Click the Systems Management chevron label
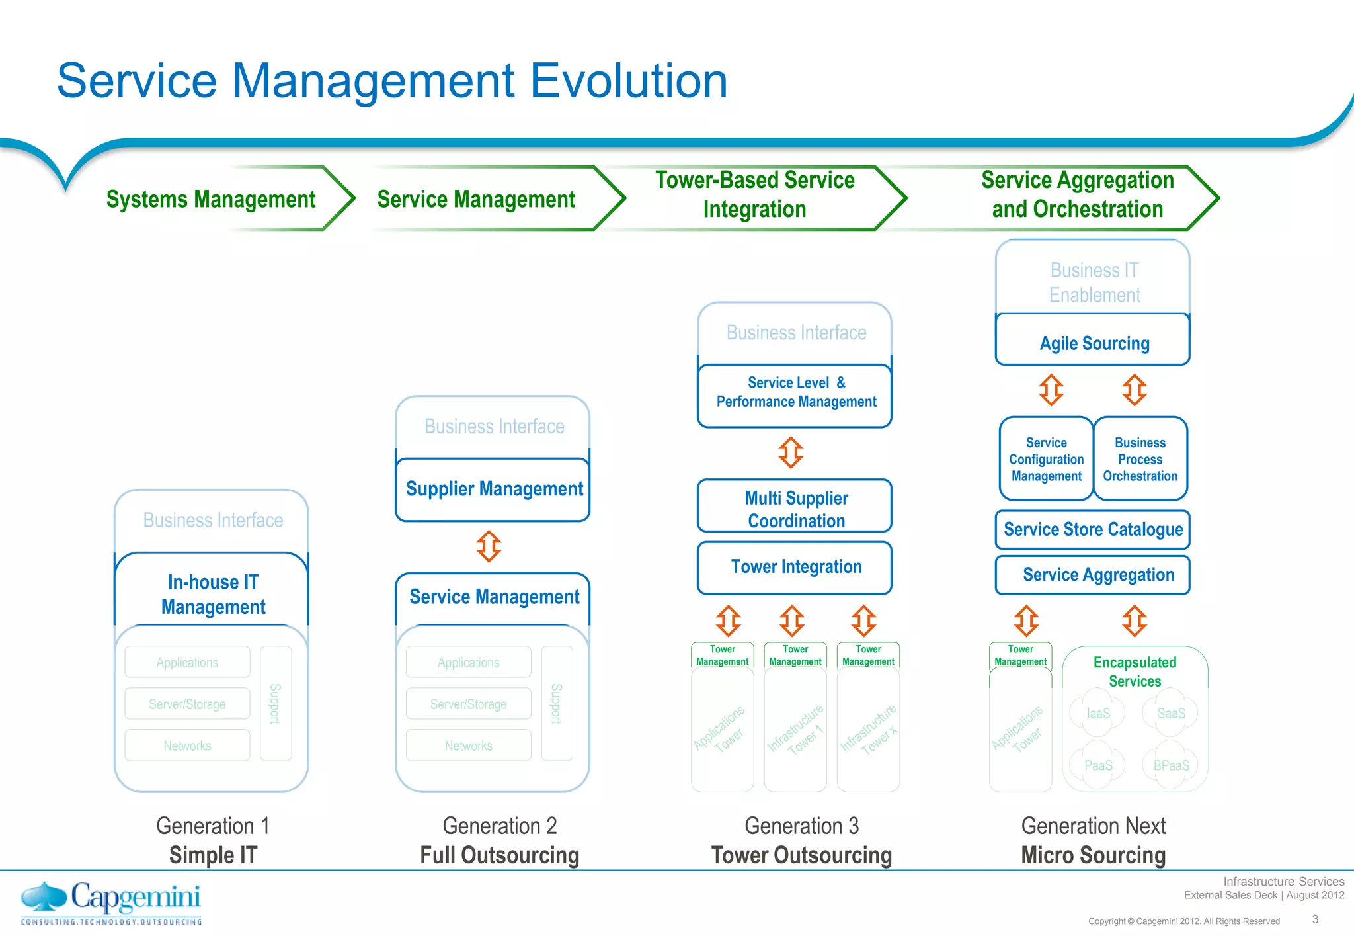pyautogui.click(x=211, y=199)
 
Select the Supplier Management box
pyautogui.click(x=493, y=489)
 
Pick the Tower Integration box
pyautogui.click(x=795, y=567)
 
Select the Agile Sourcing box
pyautogui.click(x=1094, y=343)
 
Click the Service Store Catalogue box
pyautogui.click(x=1093, y=529)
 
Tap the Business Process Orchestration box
pyautogui.click(x=1140, y=459)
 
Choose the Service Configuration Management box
pyautogui.click(x=1046, y=459)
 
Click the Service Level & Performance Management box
pyautogui.click(x=795, y=393)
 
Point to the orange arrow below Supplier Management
pyautogui.click(x=489, y=546)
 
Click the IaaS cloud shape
pyautogui.click(x=1098, y=714)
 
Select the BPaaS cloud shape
pyautogui.click(x=1171, y=765)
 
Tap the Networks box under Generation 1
pyautogui.click(x=188, y=746)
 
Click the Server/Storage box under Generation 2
pyautogui.click(x=468, y=704)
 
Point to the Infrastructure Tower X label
pyautogui.click(x=869, y=730)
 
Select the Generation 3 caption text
pyautogui.click(x=801, y=826)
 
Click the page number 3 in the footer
pyautogui.click(x=1315, y=919)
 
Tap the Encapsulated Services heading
pyautogui.click(x=1135, y=671)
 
